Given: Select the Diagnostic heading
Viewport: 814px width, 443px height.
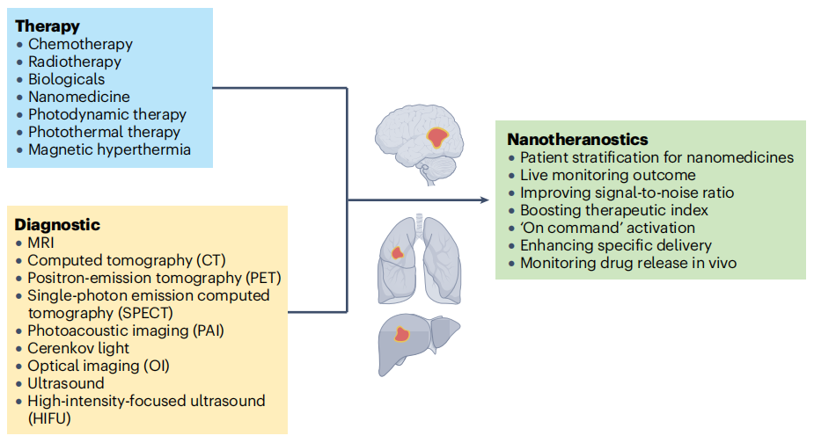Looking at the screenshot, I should (57, 225).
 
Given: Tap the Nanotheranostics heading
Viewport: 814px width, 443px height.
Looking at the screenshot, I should (577, 140).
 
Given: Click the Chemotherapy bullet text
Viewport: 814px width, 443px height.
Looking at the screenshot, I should (80, 44).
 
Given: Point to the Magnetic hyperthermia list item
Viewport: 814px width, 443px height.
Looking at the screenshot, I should (109, 149).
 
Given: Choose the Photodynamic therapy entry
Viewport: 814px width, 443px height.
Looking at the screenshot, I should (106, 114).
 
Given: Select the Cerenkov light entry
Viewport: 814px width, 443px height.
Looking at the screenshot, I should (78, 348).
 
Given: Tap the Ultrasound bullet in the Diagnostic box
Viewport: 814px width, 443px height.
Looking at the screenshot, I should (66, 383).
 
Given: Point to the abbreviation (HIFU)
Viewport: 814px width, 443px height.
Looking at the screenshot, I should (49, 418).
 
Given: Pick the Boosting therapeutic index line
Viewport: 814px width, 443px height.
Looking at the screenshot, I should (613, 211).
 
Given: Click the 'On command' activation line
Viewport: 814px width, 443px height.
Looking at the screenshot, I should (607, 229).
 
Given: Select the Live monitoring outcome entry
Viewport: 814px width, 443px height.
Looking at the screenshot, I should (600, 175).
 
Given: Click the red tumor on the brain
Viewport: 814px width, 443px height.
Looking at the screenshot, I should (437, 137).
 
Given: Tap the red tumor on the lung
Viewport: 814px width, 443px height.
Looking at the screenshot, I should (398, 253).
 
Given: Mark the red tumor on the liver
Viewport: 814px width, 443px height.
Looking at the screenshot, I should (403, 334).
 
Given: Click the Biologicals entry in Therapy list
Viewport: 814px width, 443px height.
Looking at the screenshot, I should (66, 79).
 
